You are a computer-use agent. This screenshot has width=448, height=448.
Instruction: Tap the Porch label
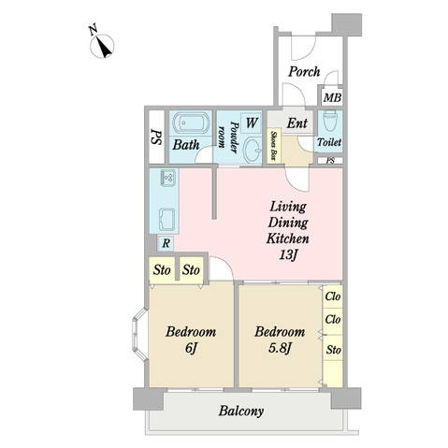click(x=304, y=72)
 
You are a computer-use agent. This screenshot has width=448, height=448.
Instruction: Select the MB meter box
click(x=332, y=97)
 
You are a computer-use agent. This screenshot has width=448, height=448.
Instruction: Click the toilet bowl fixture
click(x=330, y=122)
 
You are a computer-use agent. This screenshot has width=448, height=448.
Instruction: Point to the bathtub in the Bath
click(x=191, y=123)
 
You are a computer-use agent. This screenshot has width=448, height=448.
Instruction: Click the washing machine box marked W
click(x=252, y=123)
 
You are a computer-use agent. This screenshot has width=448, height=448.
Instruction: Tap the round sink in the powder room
click(x=252, y=151)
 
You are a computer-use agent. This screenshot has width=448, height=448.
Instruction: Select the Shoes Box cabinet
click(x=274, y=145)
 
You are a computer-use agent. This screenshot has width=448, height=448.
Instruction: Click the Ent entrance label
click(x=297, y=123)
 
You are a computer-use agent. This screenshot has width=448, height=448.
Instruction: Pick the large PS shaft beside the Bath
click(x=156, y=137)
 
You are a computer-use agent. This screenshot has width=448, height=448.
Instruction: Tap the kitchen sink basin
click(x=167, y=219)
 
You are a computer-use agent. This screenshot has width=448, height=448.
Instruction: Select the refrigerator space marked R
click(x=166, y=243)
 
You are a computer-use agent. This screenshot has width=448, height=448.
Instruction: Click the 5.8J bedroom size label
click(x=280, y=348)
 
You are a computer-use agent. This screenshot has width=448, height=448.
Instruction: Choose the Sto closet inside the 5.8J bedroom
click(x=333, y=350)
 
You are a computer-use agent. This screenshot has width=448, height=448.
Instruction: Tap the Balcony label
click(x=241, y=411)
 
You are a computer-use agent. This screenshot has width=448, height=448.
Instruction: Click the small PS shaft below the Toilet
click(x=330, y=161)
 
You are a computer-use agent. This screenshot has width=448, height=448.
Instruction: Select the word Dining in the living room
click(x=288, y=224)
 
